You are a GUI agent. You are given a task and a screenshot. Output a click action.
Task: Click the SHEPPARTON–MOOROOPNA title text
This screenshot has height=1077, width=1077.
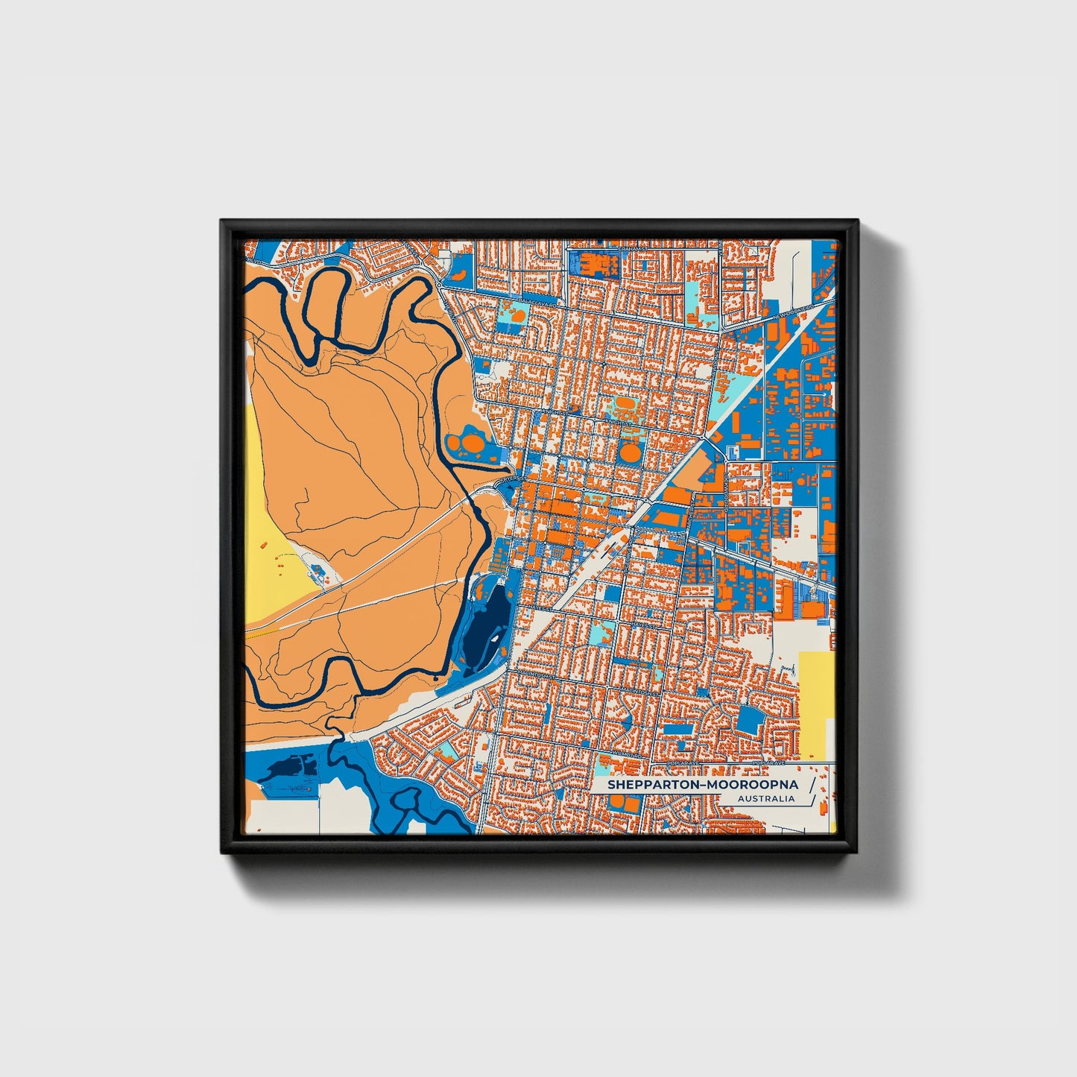702,785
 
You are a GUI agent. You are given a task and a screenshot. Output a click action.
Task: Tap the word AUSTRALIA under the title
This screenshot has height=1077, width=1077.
766,799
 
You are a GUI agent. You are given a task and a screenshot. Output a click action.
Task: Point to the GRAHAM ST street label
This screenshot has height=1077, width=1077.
632,249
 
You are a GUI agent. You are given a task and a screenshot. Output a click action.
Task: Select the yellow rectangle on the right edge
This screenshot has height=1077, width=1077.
816,705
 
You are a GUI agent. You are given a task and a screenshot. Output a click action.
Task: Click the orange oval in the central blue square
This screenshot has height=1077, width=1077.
630,452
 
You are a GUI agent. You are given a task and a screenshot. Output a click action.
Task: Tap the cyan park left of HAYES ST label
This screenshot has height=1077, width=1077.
601,634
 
